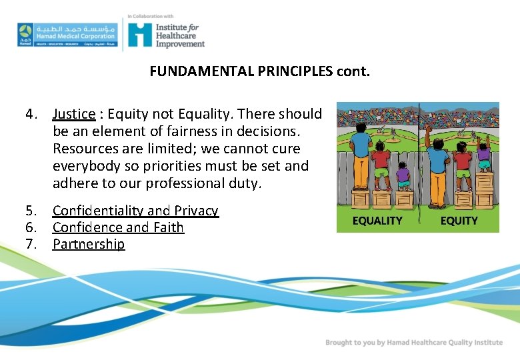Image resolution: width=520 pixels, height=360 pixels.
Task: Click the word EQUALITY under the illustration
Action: tap(377, 221)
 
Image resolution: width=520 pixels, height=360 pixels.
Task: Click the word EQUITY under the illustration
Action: tap(459, 221)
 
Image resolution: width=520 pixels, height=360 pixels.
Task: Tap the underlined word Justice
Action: tap(74, 114)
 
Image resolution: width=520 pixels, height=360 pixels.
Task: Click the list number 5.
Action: tap(31, 211)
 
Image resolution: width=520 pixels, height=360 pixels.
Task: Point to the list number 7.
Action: tap(31, 244)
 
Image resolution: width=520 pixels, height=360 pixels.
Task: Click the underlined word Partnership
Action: tap(89, 244)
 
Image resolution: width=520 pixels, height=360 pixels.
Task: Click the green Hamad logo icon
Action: tap(25, 33)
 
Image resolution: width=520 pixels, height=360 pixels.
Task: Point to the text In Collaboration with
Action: tap(151, 16)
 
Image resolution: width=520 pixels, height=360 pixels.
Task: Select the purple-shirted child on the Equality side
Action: tap(403, 176)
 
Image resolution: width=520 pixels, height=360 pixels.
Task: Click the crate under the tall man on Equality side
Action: tap(360, 199)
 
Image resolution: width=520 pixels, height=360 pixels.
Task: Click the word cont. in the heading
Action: tap(350, 71)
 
